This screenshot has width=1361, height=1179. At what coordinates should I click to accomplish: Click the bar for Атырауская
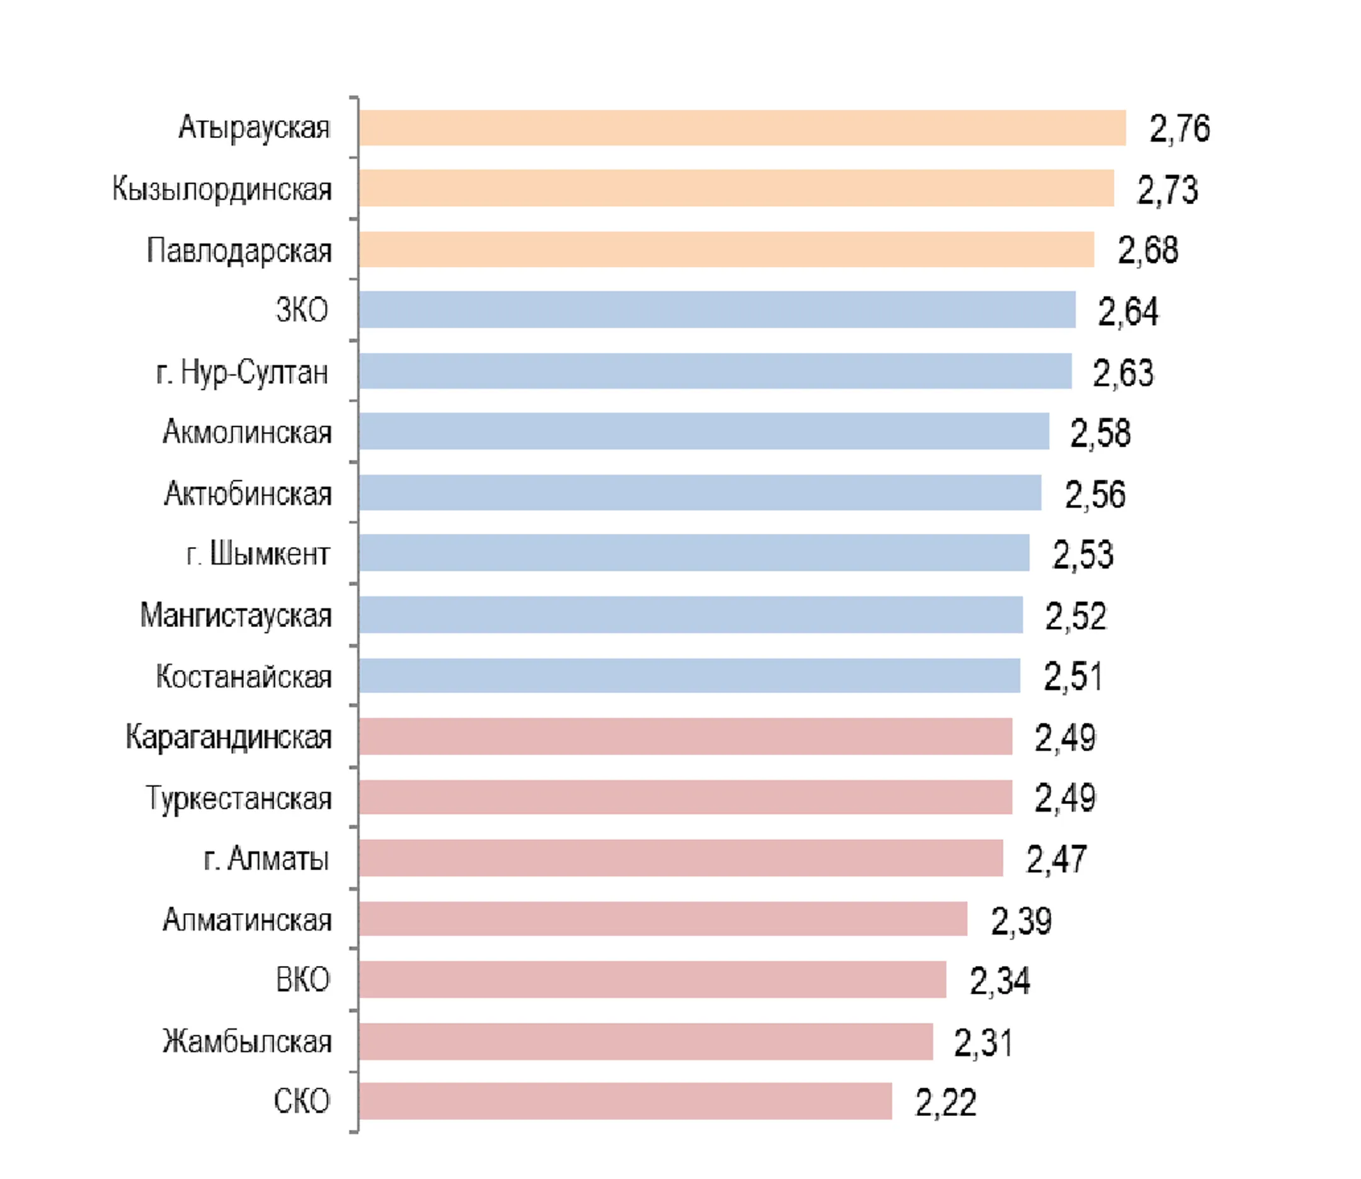742,128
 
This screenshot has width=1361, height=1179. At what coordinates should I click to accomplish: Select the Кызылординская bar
736,188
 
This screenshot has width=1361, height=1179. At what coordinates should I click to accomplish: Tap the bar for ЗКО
717,309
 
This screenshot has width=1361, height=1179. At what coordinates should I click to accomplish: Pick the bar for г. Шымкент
694,553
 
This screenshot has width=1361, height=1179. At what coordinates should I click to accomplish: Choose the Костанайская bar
689,675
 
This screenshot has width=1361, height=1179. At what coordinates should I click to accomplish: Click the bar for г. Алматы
681,858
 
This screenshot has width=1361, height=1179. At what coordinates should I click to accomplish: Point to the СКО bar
626,1101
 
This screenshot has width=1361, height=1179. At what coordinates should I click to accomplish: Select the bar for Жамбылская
646,1041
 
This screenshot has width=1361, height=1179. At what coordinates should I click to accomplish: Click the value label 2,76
1180,129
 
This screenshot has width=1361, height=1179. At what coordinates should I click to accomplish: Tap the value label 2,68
1148,250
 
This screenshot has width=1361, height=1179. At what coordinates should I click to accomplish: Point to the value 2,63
1123,372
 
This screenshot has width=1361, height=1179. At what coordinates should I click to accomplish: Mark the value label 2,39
1021,921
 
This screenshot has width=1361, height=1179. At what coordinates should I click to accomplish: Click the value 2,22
945,1103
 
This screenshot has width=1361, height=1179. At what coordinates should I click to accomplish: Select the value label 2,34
1000,981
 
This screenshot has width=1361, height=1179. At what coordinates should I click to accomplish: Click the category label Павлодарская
239,251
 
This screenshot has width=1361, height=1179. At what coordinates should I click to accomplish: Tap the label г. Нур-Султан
242,372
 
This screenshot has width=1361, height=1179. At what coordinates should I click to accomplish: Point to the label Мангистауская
236,616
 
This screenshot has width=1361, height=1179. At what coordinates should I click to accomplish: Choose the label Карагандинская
228,737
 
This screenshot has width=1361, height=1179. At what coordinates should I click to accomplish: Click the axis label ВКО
302,980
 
